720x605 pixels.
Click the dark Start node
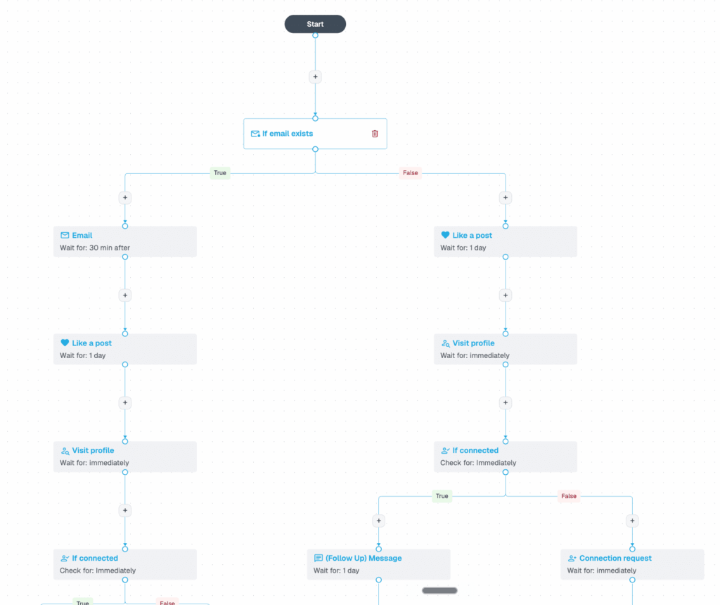click(315, 24)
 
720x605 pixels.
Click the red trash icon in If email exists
click(375, 134)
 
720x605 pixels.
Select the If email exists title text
click(288, 134)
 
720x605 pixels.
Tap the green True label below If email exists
click(220, 173)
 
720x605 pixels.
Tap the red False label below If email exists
click(410, 173)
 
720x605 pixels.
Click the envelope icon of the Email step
click(65, 235)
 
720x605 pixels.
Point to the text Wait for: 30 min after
click(95, 248)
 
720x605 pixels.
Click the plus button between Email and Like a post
click(125, 295)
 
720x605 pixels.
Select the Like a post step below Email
click(125, 349)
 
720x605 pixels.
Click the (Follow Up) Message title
click(364, 558)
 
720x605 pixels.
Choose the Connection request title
click(615, 558)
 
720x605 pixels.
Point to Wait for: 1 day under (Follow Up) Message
click(336, 571)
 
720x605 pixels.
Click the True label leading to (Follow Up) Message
click(442, 496)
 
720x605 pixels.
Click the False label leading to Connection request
click(568, 496)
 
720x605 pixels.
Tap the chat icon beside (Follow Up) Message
click(319, 558)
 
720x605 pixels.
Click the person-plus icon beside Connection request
click(572, 558)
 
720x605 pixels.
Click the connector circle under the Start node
click(315, 35)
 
